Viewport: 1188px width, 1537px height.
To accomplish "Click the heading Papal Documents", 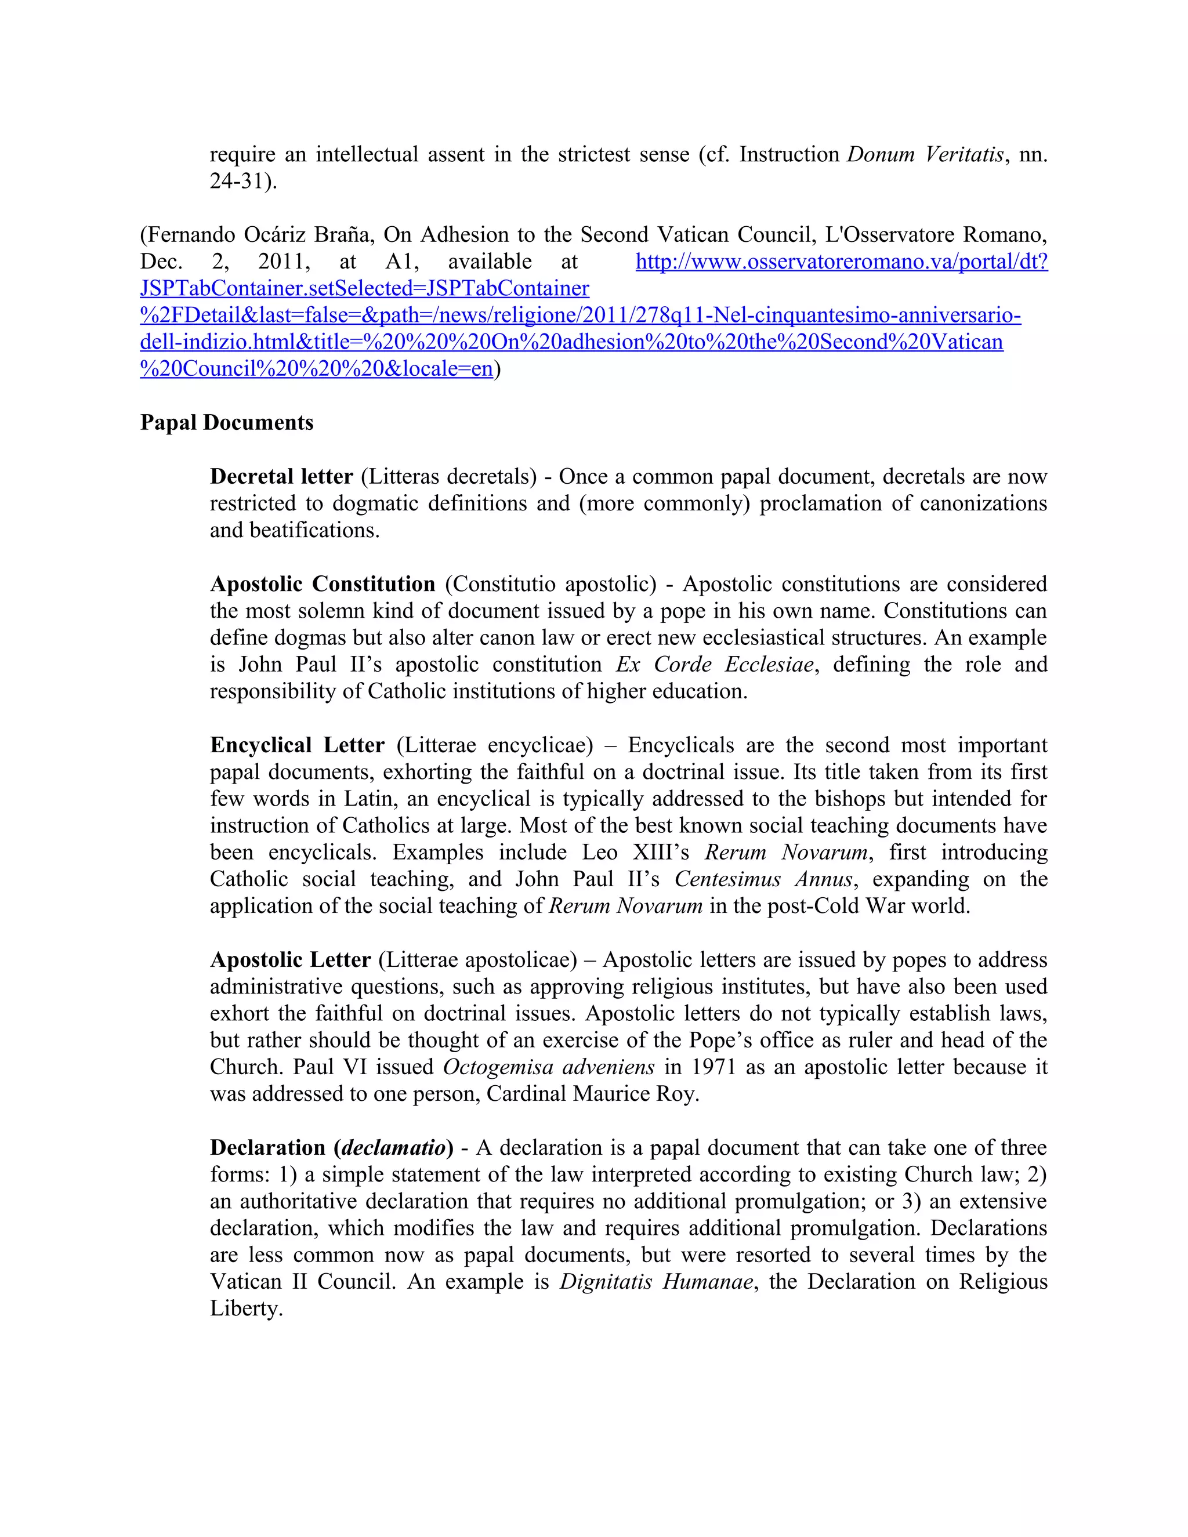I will coord(227,423).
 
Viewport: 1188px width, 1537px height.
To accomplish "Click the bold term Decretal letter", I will coord(281,476).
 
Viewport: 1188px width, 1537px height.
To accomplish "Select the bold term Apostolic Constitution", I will coord(323,584).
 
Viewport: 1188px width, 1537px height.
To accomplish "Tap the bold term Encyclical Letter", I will coord(297,745).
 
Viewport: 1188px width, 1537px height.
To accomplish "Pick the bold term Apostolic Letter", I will coord(290,960).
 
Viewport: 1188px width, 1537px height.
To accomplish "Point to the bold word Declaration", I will coord(267,1148).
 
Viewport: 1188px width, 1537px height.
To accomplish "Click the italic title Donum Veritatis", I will coord(925,154).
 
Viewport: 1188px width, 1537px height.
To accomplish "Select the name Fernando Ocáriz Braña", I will coord(258,234).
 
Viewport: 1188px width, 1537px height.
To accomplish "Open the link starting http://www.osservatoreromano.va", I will coord(841,262).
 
